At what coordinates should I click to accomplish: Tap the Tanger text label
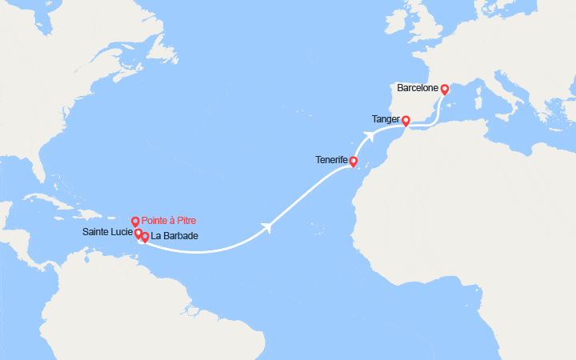(386, 119)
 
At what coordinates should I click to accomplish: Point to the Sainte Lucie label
(107, 233)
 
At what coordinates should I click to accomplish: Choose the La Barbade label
(175, 236)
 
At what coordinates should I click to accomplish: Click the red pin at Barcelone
(444, 90)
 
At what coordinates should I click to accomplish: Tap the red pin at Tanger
(406, 121)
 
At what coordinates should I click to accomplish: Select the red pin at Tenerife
(354, 161)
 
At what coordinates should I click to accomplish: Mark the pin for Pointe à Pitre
(135, 222)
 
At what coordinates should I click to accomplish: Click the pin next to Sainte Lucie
(138, 233)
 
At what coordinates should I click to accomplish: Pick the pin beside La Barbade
(145, 237)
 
